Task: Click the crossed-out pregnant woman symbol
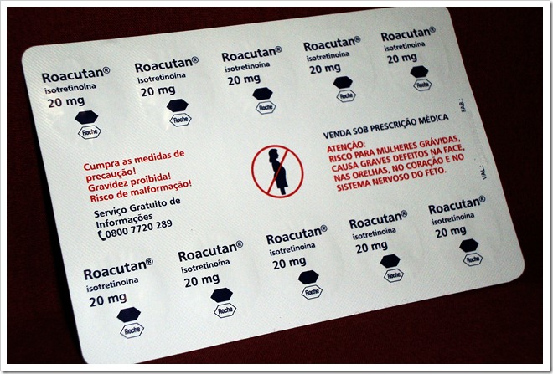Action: [x=276, y=171]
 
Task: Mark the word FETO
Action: [x=429, y=173]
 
